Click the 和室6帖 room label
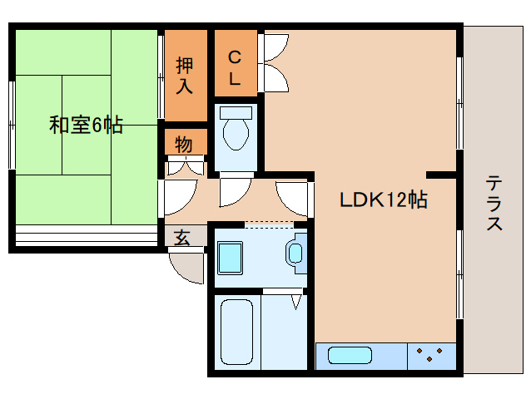click(86, 126)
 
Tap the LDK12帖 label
click(383, 199)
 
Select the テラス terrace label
click(494, 203)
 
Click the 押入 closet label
click(185, 74)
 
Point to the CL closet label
click(235, 68)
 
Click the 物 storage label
click(184, 144)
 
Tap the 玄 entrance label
click(182, 237)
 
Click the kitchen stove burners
click(430, 355)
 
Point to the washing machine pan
click(230, 257)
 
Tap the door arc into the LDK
click(292, 197)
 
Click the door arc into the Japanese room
click(176, 197)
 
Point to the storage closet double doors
click(185, 165)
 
